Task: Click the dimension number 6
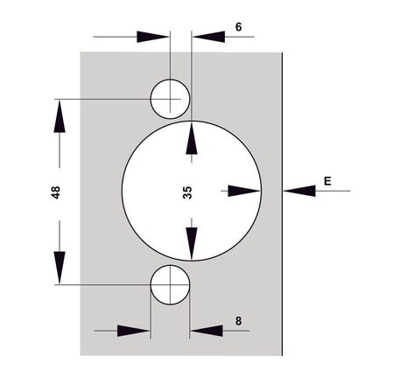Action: (x=238, y=27)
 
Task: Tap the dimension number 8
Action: (x=238, y=321)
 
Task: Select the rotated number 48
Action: (x=55, y=192)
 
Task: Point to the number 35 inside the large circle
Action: (x=187, y=192)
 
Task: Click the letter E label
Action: (x=327, y=181)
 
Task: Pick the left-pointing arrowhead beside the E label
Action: (x=299, y=191)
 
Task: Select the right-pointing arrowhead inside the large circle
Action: (x=244, y=191)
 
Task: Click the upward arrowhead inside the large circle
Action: (x=192, y=138)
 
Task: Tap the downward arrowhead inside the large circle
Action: (x=192, y=243)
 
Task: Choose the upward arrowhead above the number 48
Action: (x=60, y=116)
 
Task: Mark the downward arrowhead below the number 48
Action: (x=60, y=268)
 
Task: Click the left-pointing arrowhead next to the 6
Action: (x=209, y=37)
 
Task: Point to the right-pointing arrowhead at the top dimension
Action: (x=152, y=37)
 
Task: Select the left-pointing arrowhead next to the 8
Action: (x=207, y=331)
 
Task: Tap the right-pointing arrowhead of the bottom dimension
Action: (x=133, y=331)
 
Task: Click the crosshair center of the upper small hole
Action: (x=170, y=99)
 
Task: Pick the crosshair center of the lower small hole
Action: (x=170, y=284)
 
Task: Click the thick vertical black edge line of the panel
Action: (x=282, y=204)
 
